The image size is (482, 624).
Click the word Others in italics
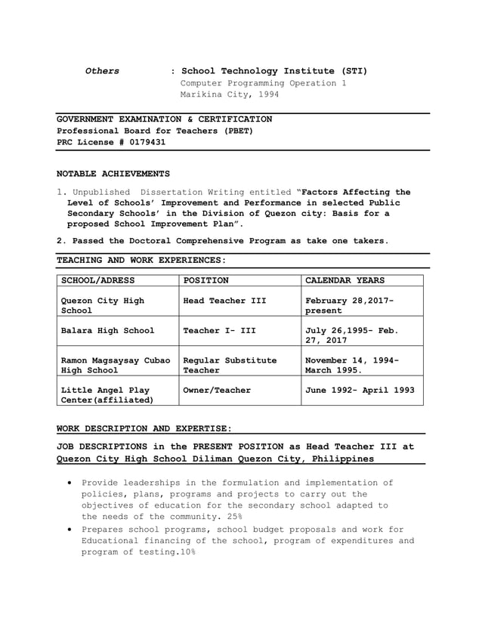pos(102,71)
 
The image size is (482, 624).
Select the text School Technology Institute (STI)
pos(274,71)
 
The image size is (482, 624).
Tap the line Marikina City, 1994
pos(229,95)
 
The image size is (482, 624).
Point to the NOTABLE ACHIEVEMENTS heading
pos(113,174)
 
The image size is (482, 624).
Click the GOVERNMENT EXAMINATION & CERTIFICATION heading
pos(165,119)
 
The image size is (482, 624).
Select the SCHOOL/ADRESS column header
pos(97,280)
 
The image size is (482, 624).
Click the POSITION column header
pos(206,280)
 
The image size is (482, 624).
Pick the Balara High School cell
pos(107,330)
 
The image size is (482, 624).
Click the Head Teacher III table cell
pos(224,301)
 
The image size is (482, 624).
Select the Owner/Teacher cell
pos(217,391)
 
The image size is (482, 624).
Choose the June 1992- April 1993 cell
pos(360,391)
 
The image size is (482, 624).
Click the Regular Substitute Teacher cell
pos(230,366)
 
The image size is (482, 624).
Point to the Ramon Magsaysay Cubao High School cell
pos(115,366)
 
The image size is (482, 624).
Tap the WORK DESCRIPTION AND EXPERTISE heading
pos(144,428)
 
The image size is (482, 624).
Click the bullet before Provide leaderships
pos(70,483)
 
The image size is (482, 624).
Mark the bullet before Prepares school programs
pos(70,530)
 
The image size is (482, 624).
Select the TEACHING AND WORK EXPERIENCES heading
pos(141,260)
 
